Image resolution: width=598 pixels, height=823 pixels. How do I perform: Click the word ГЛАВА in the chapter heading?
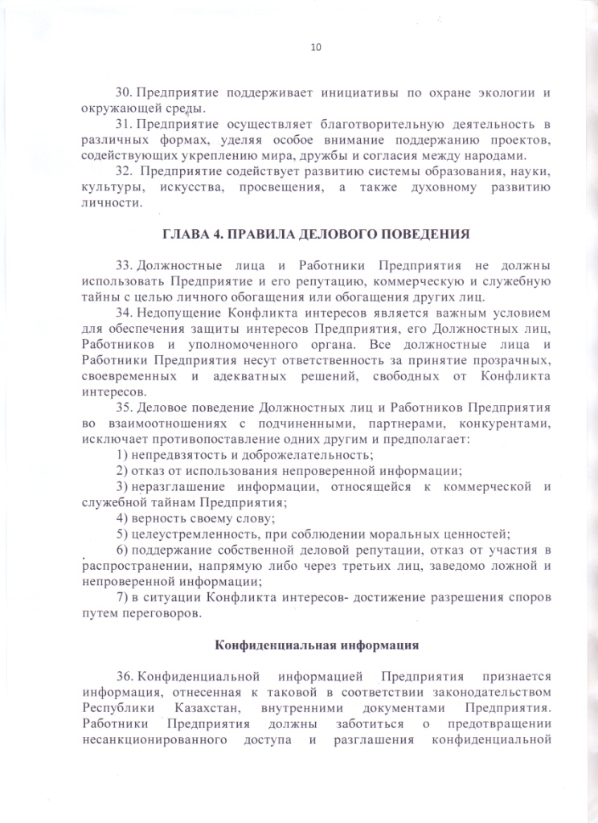point(186,235)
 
